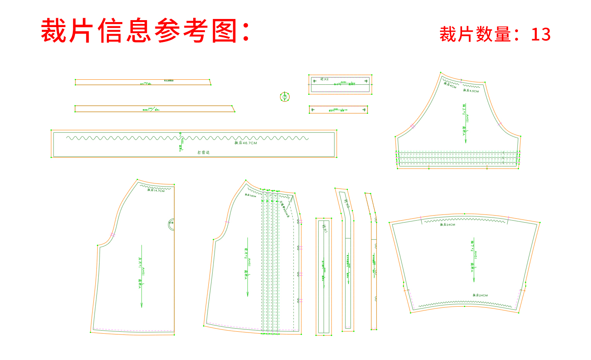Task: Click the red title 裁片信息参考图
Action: tap(145, 31)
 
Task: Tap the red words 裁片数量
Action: tap(475, 34)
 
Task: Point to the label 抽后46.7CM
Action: tap(246, 143)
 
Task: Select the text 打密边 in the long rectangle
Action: tap(203, 153)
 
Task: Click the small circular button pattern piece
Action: tap(285, 96)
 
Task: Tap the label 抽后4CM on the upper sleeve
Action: tap(450, 85)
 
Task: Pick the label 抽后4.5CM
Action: tap(471, 91)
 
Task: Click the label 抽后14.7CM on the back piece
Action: tap(156, 190)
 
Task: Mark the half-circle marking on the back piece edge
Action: tap(171, 224)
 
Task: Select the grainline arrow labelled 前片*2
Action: tap(247, 267)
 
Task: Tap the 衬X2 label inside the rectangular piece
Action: tap(324, 79)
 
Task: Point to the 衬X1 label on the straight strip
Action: tap(325, 229)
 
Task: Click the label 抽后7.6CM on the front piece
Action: tap(250, 195)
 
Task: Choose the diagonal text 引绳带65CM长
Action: tap(285, 209)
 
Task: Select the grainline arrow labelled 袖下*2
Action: tap(474, 259)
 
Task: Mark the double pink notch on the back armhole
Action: tap(113, 235)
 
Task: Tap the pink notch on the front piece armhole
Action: tap(227, 222)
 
